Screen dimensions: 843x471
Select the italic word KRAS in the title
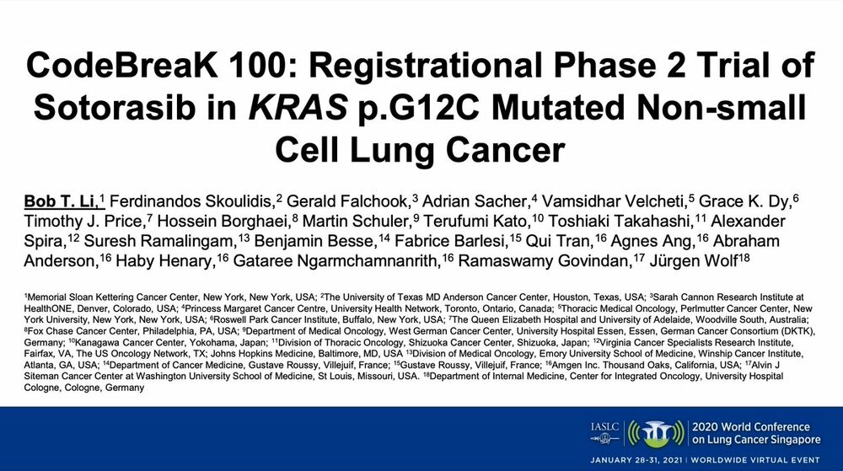tap(298, 107)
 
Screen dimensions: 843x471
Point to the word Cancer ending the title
tap(505, 150)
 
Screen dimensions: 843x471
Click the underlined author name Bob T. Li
tap(60, 201)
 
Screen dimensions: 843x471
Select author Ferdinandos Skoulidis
tap(191, 201)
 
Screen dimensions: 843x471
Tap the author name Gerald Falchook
tap(347, 201)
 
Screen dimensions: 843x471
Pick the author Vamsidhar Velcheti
tap(614, 201)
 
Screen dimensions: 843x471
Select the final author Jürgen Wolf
tap(693, 261)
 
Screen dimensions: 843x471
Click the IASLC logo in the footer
tap(604, 433)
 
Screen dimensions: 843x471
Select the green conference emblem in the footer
tap(657, 433)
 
